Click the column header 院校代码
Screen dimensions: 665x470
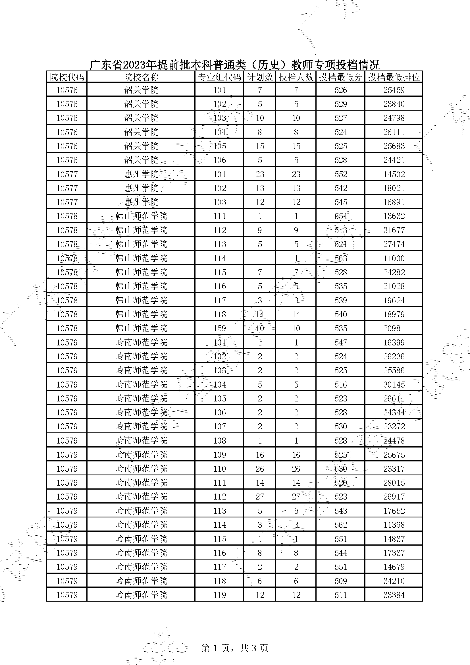67,77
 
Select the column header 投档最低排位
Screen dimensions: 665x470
394,77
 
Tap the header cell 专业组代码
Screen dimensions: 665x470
219,77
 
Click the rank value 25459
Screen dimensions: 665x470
394,90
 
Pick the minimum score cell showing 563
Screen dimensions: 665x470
340,258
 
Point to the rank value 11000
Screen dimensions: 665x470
394,258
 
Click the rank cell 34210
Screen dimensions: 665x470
394,581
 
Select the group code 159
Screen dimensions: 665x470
219,328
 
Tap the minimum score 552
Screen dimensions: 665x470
340,174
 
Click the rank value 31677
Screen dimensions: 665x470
394,230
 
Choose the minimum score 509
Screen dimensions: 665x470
340,581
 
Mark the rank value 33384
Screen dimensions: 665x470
394,595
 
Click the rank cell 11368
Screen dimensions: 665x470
394,525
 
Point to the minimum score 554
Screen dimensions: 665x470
340,216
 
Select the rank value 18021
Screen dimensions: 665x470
394,188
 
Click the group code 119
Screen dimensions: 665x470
219,595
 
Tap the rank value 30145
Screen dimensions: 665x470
394,385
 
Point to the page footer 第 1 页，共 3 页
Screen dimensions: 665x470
234,648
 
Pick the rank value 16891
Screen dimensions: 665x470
394,202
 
